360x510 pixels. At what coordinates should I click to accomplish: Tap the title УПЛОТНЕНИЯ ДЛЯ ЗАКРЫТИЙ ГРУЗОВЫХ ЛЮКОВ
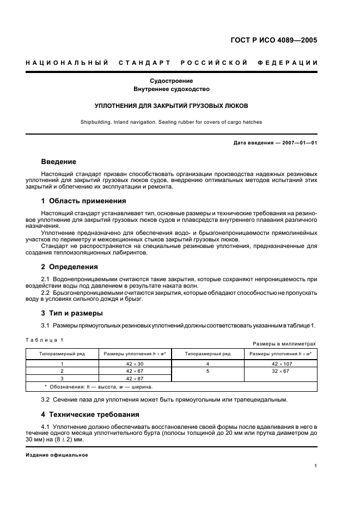(172, 106)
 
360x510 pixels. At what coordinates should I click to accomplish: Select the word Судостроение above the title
(172, 81)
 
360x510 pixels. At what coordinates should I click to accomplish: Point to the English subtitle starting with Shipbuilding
(172, 123)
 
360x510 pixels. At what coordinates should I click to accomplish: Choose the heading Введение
(59, 162)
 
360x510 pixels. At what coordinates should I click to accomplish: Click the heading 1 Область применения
(84, 201)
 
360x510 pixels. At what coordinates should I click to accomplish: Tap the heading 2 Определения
(70, 267)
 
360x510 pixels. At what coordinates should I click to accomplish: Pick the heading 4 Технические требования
(90, 414)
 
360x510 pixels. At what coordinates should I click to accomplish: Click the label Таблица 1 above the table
(45, 339)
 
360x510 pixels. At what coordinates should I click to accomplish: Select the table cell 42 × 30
(135, 363)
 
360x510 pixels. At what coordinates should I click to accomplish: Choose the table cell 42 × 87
(135, 379)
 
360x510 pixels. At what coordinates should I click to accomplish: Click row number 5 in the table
(208, 371)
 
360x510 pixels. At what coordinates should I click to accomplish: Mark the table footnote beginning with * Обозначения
(99, 387)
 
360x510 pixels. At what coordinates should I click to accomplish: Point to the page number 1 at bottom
(316, 466)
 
